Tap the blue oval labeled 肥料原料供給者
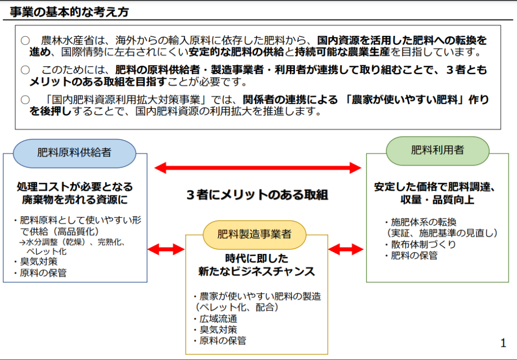(74, 152)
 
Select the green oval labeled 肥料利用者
(437, 150)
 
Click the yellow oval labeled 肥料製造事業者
(254, 234)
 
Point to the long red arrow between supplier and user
(258, 167)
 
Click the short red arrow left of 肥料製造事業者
(166, 248)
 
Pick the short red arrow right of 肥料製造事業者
(346, 248)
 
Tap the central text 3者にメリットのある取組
(257, 195)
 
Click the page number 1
(503, 343)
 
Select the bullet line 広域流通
(218, 319)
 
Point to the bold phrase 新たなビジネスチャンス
(256, 272)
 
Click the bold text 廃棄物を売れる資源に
(74, 200)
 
